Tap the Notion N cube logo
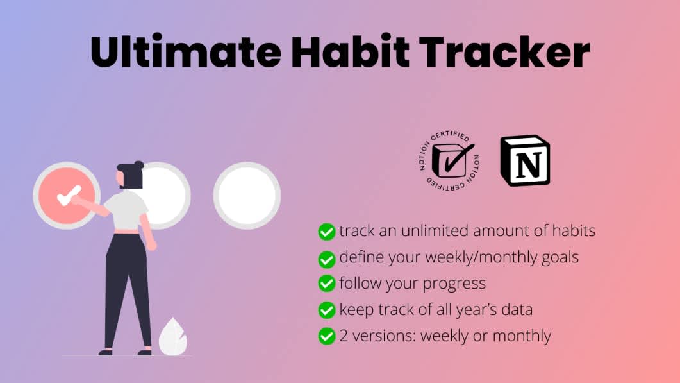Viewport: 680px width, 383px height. pos(525,160)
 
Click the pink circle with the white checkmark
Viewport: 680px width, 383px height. pos(67,194)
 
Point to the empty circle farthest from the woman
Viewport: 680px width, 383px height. pos(247,195)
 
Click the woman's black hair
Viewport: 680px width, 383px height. pos(131,175)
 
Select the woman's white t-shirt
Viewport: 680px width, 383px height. pos(127,210)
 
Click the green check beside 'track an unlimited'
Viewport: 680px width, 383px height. pos(327,232)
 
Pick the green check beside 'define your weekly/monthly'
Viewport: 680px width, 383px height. pos(327,259)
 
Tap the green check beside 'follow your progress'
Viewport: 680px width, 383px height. pos(327,284)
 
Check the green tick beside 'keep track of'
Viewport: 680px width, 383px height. pos(327,311)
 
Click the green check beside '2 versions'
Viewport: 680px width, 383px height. pos(327,336)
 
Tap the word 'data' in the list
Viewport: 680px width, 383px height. pos(515,310)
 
